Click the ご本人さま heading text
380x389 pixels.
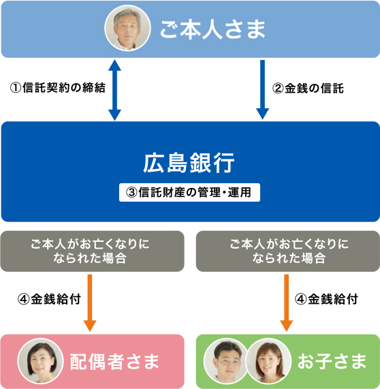click(x=212, y=29)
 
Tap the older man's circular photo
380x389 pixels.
click(x=128, y=29)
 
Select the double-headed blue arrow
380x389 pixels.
click(x=114, y=90)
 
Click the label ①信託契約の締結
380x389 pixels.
click(x=58, y=88)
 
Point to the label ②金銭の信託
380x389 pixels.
click(x=308, y=89)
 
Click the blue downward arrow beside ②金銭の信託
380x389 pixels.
click(x=262, y=89)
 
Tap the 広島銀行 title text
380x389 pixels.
click(x=189, y=163)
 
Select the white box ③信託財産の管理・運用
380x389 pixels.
click(x=189, y=192)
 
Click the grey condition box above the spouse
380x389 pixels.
click(x=92, y=251)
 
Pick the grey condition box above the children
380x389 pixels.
click(x=288, y=251)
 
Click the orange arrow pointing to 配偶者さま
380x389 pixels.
click(x=90, y=303)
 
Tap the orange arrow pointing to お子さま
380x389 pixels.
click(x=287, y=303)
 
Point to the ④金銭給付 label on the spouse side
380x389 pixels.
click(x=49, y=299)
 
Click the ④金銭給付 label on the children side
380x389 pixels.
click(x=326, y=299)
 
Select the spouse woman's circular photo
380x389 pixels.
click(x=40, y=361)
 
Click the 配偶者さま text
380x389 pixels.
click(x=114, y=362)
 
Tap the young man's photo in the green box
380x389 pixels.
click(x=225, y=361)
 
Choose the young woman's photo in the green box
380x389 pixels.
click(x=268, y=361)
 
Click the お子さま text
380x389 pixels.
click(x=332, y=361)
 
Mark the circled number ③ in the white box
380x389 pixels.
click(x=131, y=193)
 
